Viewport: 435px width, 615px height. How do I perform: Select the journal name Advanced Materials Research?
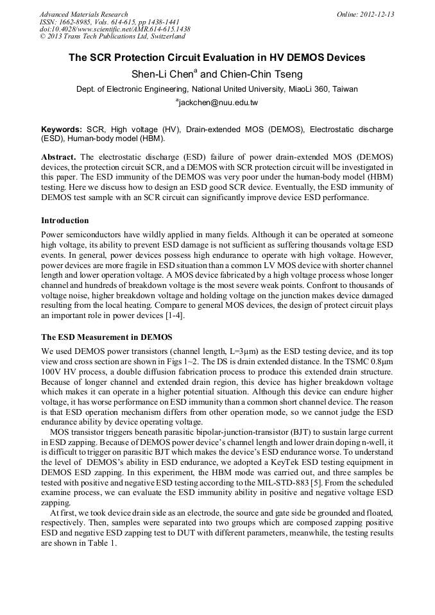point(83,14)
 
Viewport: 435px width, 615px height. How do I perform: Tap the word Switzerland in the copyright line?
point(162,37)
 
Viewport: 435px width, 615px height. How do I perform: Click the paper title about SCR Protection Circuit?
point(217,58)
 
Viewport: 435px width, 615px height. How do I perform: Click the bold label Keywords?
point(62,130)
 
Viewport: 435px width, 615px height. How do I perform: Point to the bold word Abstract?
point(58,157)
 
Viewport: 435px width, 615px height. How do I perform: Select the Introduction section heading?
point(65,221)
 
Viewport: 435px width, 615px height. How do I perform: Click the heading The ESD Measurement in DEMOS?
point(107,337)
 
